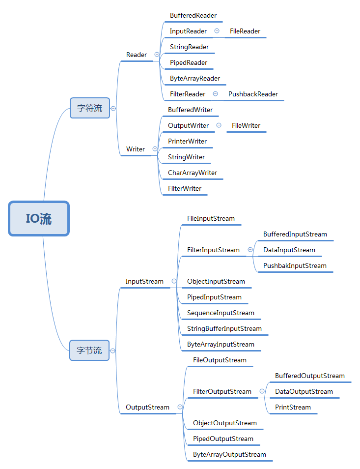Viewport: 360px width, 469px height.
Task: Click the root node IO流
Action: pos(39,218)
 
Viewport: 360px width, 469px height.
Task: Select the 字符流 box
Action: pos(90,108)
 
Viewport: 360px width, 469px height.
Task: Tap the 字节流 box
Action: pos(89,350)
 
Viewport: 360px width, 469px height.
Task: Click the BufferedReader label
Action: pos(193,16)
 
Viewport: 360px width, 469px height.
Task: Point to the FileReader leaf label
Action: pos(245,31)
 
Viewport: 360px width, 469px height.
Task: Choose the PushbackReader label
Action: pos(253,94)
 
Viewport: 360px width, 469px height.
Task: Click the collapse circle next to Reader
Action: pos(157,55)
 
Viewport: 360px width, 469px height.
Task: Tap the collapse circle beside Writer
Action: pos(155,148)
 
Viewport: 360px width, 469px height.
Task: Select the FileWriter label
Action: pos(246,126)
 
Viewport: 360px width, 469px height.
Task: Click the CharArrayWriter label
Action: pos(193,173)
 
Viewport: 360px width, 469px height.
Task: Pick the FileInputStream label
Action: pos(211,219)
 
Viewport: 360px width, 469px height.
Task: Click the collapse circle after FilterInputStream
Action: pos(250,250)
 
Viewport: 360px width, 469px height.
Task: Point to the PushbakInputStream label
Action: pos(295,265)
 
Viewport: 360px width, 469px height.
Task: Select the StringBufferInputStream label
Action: pos(224,329)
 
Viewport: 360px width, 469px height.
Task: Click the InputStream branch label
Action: pos(144,282)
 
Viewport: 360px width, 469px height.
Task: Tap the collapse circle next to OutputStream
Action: pos(180,407)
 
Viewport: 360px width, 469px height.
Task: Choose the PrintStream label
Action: pos(293,408)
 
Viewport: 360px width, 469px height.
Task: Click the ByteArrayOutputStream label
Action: pos(229,455)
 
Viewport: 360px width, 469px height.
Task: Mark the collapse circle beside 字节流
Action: pos(112,351)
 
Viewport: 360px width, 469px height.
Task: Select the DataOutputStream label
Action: pos(304,391)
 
